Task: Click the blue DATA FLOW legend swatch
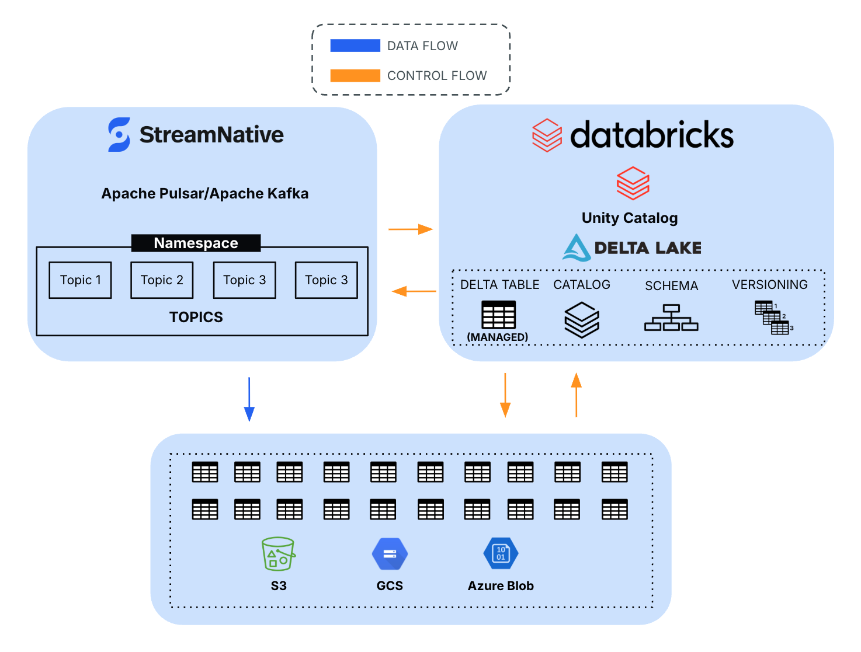click(355, 46)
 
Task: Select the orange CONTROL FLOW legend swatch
click(355, 75)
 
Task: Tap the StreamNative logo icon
click(119, 135)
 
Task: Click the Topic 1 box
click(81, 280)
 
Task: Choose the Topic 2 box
click(162, 280)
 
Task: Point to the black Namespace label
click(196, 243)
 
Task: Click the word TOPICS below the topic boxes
click(196, 317)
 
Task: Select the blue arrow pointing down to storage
click(249, 399)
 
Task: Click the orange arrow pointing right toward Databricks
click(411, 229)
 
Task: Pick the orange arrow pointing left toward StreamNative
click(414, 291)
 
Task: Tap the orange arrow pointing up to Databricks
click(577, 395)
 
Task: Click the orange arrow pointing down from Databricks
click(505, 395)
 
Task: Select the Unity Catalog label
click(630, 218)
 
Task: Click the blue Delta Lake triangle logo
click(577, 247)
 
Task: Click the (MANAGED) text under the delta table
click(498, 337)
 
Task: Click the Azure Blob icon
click(501, 553)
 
